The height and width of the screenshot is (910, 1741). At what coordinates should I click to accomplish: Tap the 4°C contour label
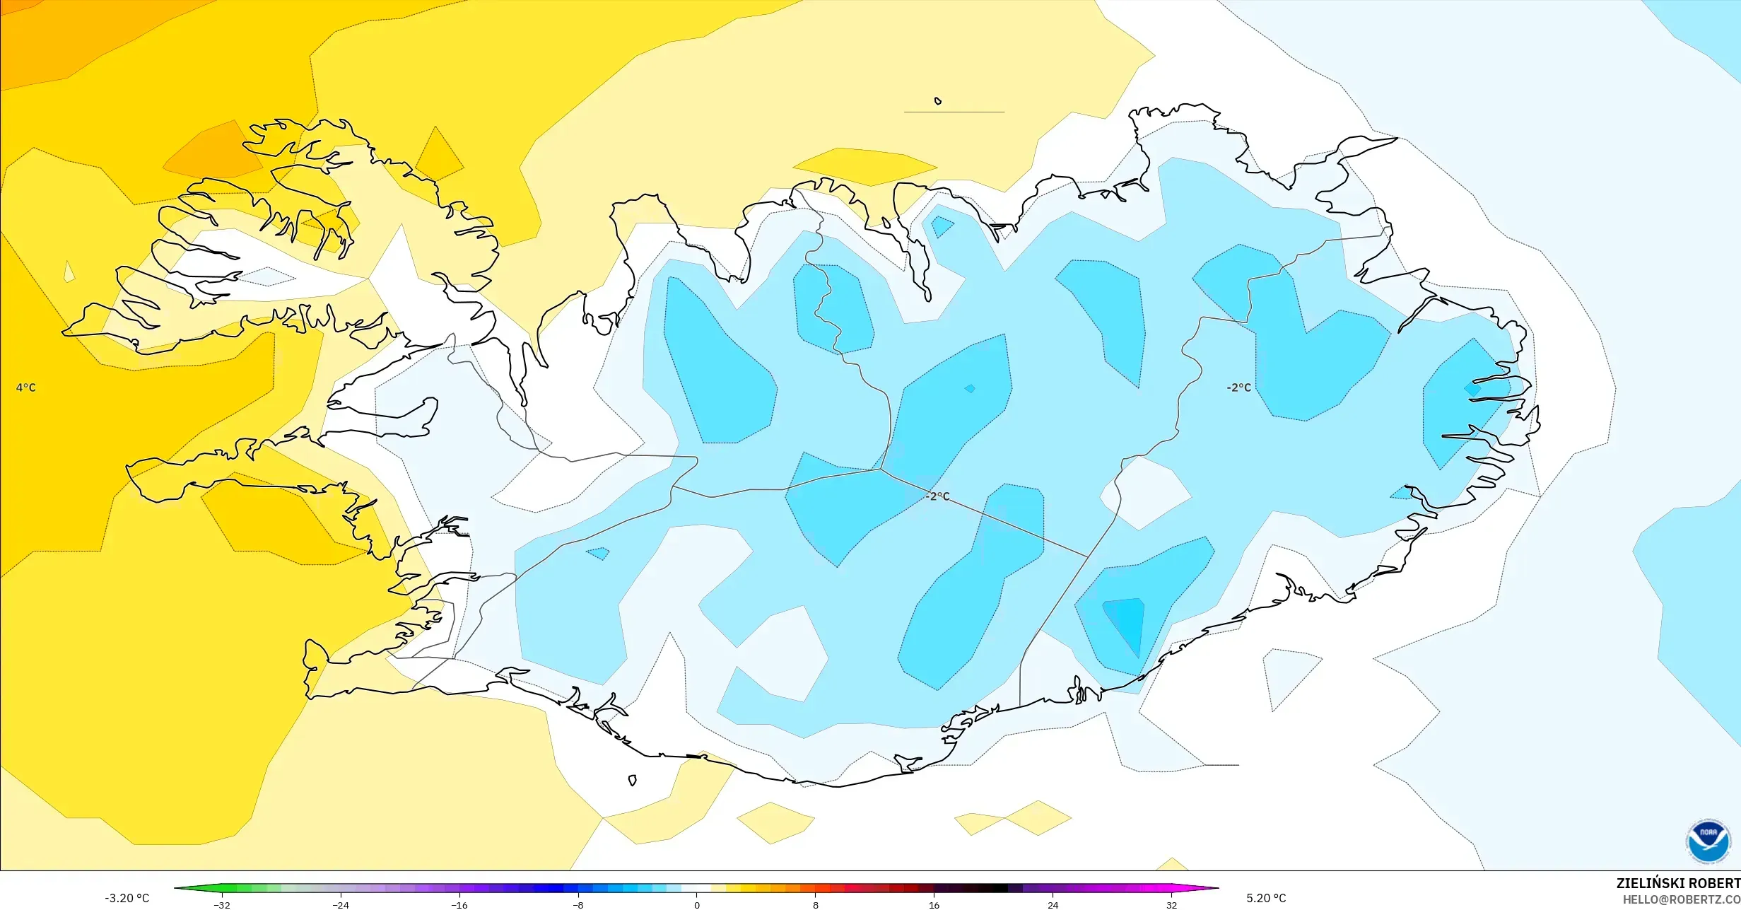point(25,387)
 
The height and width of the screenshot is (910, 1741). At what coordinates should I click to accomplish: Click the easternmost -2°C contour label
point(1238,387)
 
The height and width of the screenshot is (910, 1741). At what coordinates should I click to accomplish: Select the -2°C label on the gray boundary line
point(938,496)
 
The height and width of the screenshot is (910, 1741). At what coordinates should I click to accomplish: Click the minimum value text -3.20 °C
point(127,898)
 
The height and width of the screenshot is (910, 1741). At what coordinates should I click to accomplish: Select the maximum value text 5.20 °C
point(1266,898)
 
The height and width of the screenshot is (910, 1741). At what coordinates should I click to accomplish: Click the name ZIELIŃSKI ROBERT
point(1677,883)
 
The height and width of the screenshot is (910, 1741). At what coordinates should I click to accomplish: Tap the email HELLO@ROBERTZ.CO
point(1681,899)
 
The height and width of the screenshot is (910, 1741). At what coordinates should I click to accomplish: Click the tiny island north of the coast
point(938,101)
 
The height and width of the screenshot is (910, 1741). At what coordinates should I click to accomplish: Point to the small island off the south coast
point(632,781)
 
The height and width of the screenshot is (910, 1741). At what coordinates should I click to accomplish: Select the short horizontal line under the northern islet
point(954,112)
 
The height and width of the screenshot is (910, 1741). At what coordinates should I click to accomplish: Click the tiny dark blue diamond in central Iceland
point(970,388)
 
